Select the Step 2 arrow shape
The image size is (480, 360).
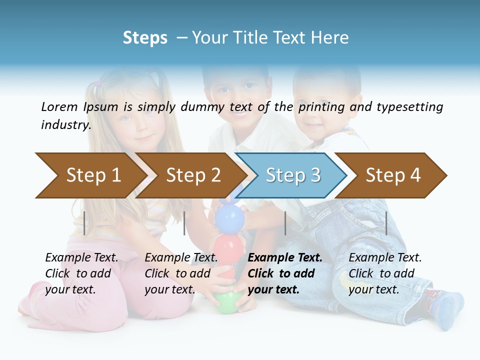(x=192, y=175)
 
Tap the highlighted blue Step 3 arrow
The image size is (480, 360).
(x=292, y=175)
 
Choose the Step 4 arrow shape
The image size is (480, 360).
(x=392, y=175)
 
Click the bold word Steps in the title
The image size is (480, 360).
(x=145, y=38)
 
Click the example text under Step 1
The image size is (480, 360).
(x=81, y=273)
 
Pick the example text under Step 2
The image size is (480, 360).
(x=181, y=273)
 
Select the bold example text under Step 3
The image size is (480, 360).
(x=285, y=273)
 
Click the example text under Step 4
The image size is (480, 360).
(x=385, y=273)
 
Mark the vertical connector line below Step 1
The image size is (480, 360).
(x=84, y=223)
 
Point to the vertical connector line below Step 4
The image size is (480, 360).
(x=386, y=223)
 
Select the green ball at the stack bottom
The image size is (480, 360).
(x=227, y=301)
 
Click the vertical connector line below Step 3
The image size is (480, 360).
(x=285, y=223)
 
